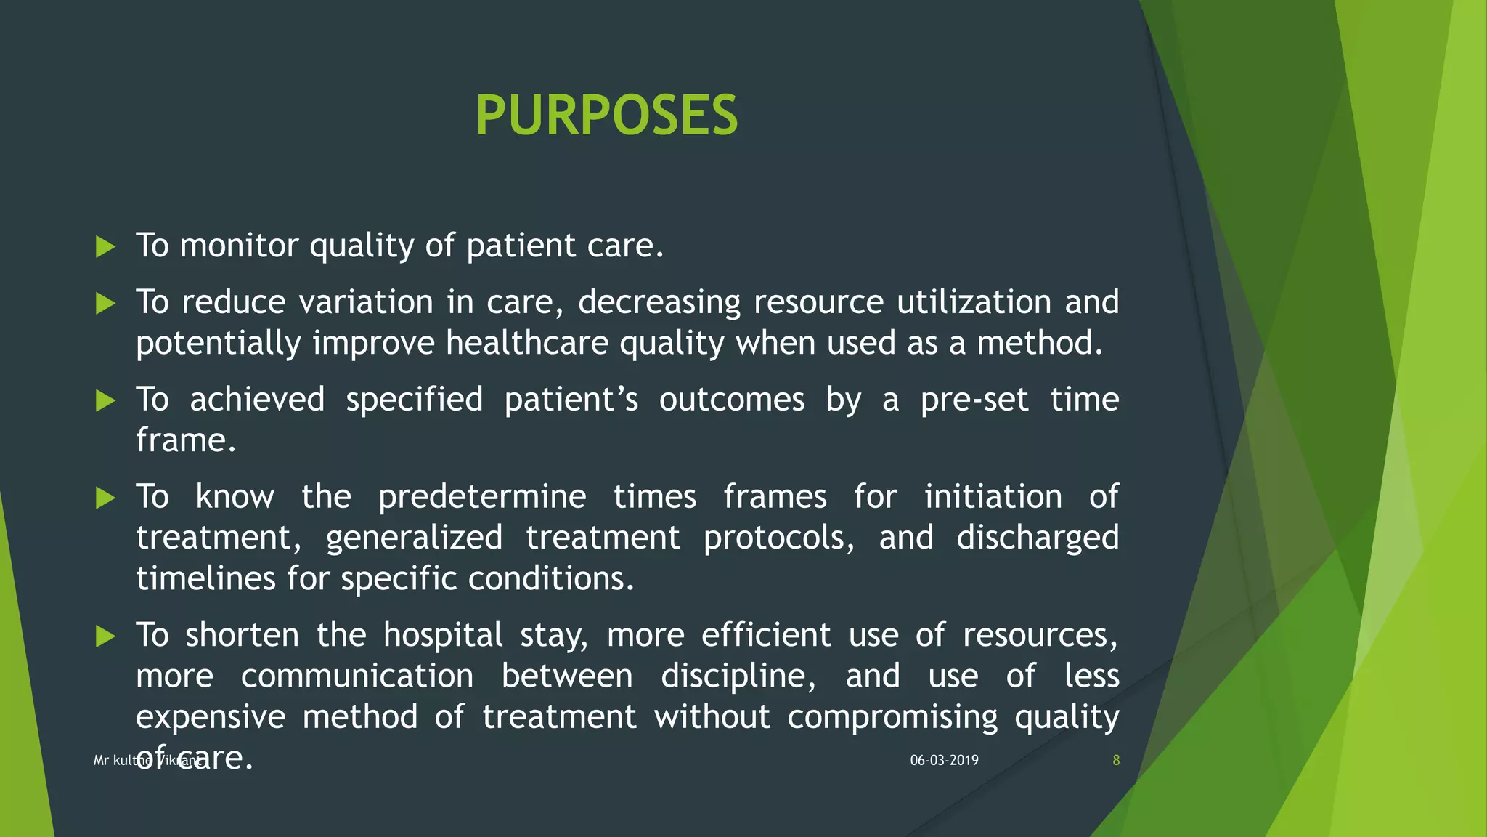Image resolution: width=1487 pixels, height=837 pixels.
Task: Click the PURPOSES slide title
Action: (x=606, y=116)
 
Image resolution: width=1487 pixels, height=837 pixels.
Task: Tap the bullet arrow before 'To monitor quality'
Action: (x=106, y=247)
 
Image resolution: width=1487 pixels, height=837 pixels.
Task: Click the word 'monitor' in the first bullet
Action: (x=239, y=246)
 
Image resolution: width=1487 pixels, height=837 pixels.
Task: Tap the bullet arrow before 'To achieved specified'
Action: (x=106, y=400)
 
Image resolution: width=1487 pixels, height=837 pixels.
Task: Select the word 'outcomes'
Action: (x=732, y=400)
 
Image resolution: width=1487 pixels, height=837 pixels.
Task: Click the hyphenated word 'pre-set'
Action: (x=974, y=400)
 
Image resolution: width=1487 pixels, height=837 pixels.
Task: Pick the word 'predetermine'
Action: (x=482, y=497)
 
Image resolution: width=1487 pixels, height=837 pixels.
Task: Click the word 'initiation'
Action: (x=993, y=497)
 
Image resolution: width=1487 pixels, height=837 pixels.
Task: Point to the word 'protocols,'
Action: (x=779, y=538)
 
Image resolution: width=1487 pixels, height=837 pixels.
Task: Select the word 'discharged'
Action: (x=1037, y=538)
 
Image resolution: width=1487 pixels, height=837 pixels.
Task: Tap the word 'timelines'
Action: (x=205, y=578)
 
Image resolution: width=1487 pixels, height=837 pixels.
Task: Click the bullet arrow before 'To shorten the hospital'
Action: (x=106, y=637)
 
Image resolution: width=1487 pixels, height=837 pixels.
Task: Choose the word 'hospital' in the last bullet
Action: (x=442, y=635)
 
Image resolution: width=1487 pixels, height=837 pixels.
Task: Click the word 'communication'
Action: (x=357, y=676)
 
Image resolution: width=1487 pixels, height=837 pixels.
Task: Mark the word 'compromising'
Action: (x=892, y=717)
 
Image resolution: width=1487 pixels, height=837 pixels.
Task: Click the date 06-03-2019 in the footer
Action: (x=944, y=760)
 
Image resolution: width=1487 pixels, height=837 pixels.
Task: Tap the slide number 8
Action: (x=1116, y=760)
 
